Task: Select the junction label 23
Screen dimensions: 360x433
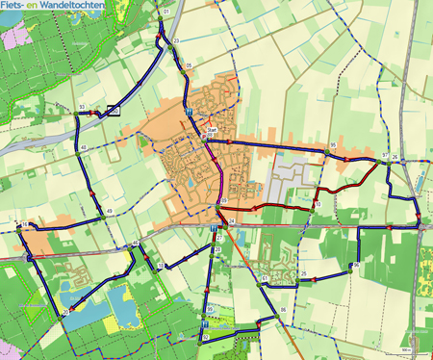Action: (176, 40)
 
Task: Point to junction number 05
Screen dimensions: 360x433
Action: (189, 65)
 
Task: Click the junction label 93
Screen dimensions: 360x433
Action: (84, 107)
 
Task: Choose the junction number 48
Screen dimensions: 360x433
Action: (85, 146)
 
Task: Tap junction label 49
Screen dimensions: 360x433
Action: (110, 211)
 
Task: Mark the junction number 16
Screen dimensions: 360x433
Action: (23, 224)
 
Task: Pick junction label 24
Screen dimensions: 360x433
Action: (232, 222)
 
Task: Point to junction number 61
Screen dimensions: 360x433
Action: (264, 278)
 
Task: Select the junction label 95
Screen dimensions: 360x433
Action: (333, 144)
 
